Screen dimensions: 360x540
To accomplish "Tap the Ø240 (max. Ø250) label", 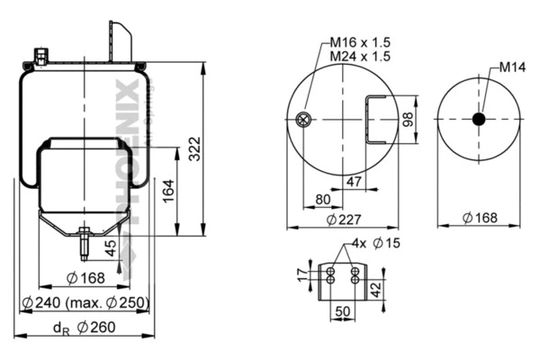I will pos(85,302).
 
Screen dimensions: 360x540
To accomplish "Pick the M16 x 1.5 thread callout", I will pos(358,42).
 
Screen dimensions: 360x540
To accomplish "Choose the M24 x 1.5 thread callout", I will pos(358,56).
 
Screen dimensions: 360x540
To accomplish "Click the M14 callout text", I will pos(514,67).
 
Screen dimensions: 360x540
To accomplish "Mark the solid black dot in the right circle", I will pos(479,119).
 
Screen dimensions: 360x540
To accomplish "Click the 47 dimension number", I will pos(355,183).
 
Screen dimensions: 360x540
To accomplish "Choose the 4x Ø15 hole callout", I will pos(376,243).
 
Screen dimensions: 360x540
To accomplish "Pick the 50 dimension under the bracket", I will pos(343,310).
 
